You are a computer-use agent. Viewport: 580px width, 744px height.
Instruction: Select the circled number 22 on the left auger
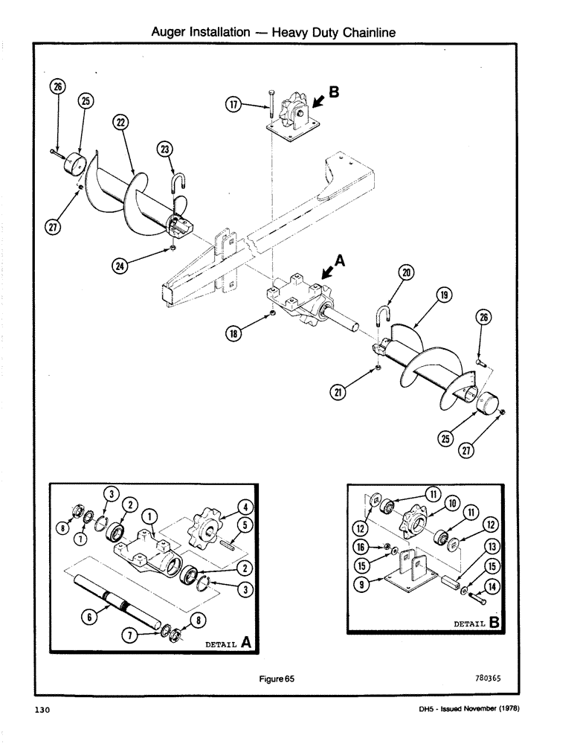[120, 123]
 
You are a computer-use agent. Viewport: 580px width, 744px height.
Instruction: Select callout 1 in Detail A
[148, 514]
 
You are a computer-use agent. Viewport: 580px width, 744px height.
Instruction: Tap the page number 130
[42, 711]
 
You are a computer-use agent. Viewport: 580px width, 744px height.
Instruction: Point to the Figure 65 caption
[277, 679]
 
